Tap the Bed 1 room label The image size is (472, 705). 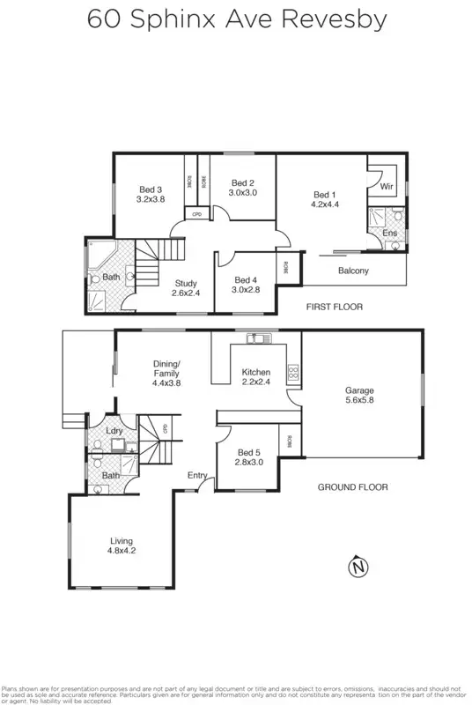[x=324, y=195]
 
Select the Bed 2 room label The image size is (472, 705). [x=242, y=182]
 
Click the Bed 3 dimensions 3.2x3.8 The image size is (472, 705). [x=151, y=200]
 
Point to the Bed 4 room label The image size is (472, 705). [x=245, y=278]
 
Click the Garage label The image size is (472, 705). [x=359, y=390]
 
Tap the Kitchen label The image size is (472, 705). [x=256, y=373]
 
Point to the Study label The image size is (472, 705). [x=185, y=283]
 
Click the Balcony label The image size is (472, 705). [x=353, y=271]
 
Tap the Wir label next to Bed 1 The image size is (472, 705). [x=387, y=187]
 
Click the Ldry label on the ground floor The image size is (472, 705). [x=114, y=430]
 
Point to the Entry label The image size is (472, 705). [x=197, y=476]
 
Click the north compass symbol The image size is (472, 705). [x=358, y=567]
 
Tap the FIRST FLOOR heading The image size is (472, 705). [x=334, y=307]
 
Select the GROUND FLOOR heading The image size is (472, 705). [x=352, y=486]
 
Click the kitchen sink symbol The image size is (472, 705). [x=255, y=337]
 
